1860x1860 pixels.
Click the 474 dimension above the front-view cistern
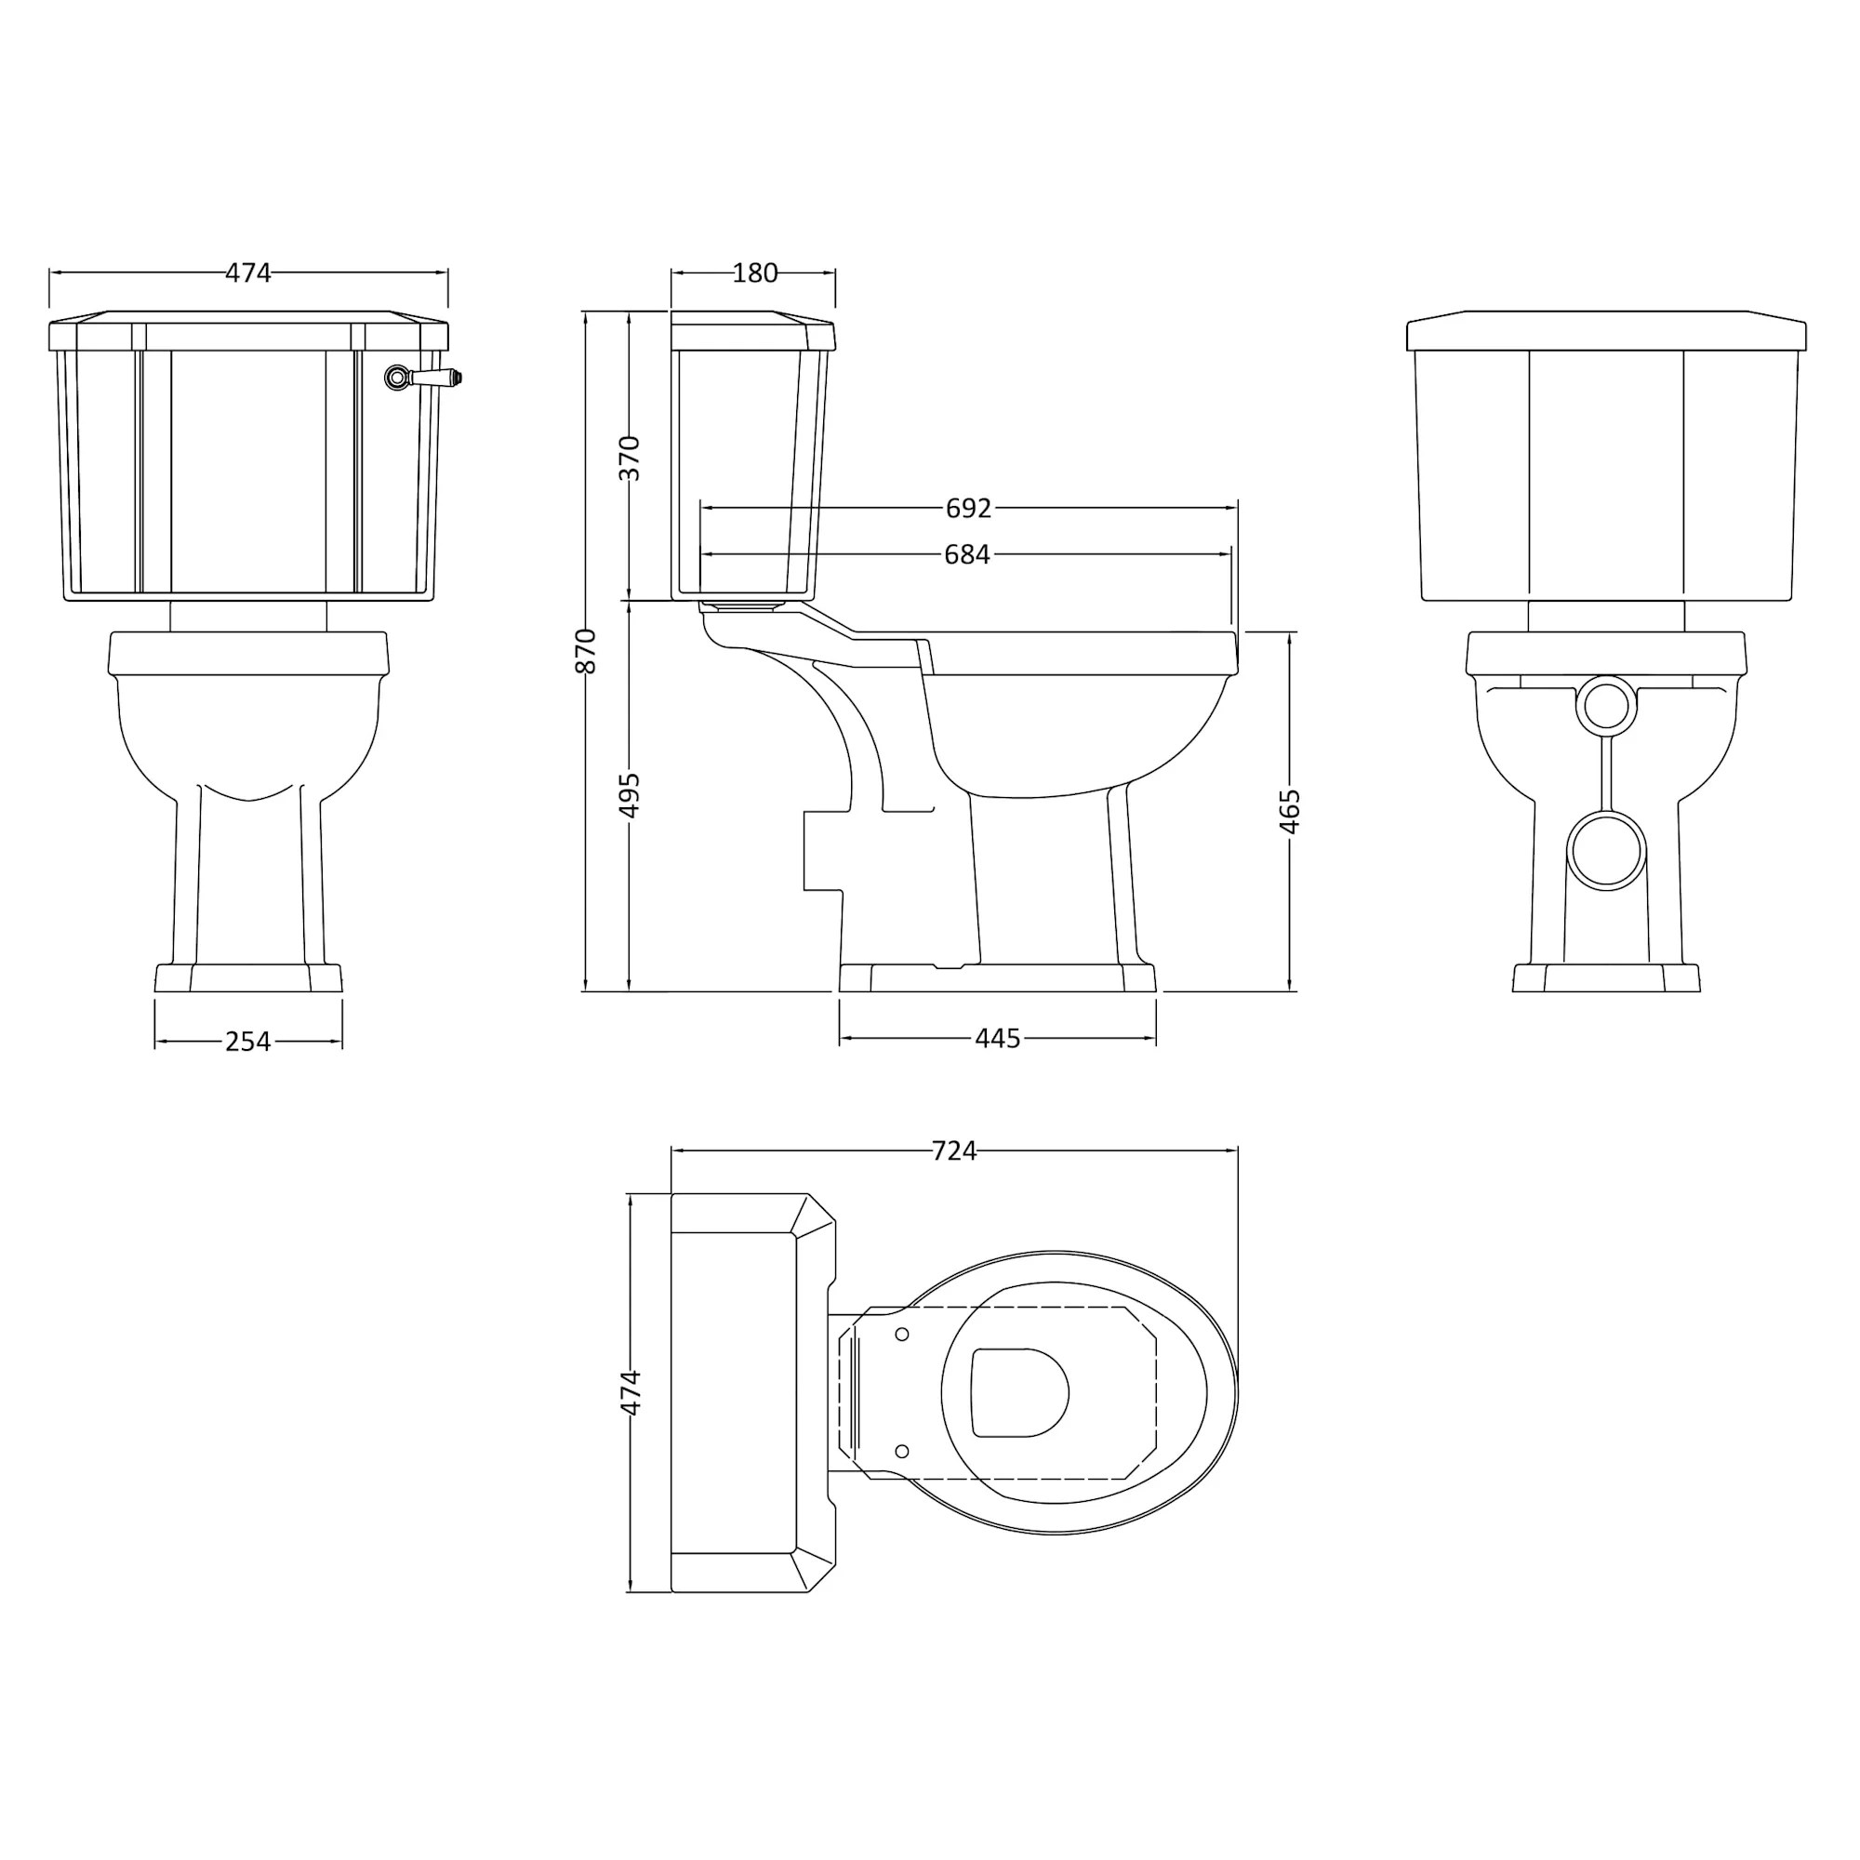click(248, 273)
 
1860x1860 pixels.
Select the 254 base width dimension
click(247, 1042)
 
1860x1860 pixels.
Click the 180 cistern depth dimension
click(755, 273)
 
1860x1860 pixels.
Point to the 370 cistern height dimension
click(629, 458)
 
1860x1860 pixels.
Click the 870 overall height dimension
click(585, 650)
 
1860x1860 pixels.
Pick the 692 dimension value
click(967, 509)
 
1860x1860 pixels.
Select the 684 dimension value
click(966, 554)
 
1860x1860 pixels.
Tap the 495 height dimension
click(629, 794)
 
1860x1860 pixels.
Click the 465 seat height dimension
click(1290, 811)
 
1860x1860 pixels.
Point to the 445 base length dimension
click(997, 1039)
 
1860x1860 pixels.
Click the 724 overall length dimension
click(954, 1150)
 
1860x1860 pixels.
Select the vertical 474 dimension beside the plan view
click(630, 1393)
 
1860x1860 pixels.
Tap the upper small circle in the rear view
click(1606, 706)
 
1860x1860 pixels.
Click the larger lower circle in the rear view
click(1606, 850)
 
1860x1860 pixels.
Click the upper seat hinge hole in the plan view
click(902, 1335)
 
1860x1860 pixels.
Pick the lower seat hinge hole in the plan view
click(902, 1451)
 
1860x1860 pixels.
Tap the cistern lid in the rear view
click(1606, 331)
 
